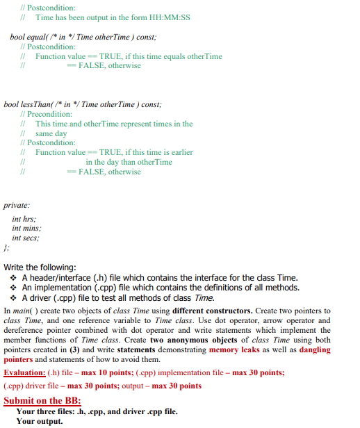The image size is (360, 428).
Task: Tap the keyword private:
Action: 17,206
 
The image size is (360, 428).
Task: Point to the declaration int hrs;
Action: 26,218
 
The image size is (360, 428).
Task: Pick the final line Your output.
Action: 40,421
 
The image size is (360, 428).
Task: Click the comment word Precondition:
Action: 49,114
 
